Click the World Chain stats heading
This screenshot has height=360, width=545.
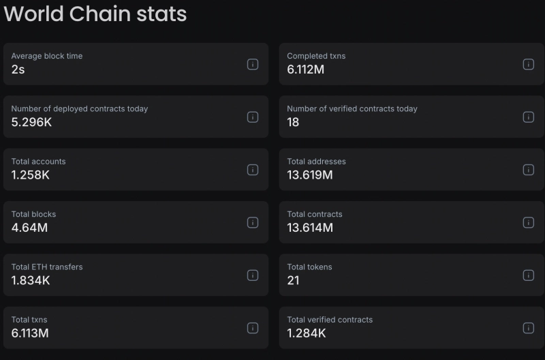(95, 14)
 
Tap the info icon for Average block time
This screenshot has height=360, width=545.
(253, 64)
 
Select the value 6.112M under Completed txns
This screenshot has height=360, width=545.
(306, 69)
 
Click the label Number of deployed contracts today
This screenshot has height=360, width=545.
(80, 108)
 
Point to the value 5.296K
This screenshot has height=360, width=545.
(31, 122)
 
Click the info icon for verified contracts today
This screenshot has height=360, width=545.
(528, 117)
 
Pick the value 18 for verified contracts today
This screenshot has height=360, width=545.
(293, 122)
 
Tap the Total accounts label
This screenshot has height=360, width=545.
(39, 162)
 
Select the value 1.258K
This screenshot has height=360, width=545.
(31, 175)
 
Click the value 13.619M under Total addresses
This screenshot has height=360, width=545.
(310, 175)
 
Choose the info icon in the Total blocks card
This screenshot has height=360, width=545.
(253, 222)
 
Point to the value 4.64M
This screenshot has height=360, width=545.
(29, 227)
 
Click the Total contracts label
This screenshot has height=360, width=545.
(315, 214)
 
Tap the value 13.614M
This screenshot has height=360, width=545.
(310, 227)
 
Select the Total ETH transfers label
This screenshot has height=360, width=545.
(47, 267)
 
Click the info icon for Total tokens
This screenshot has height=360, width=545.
(528, 275)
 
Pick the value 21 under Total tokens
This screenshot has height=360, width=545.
(293, 280)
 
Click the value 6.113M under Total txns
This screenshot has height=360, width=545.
(30, 333)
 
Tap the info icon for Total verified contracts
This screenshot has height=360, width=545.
(528, 328)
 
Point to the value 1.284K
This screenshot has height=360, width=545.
(307, 333)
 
